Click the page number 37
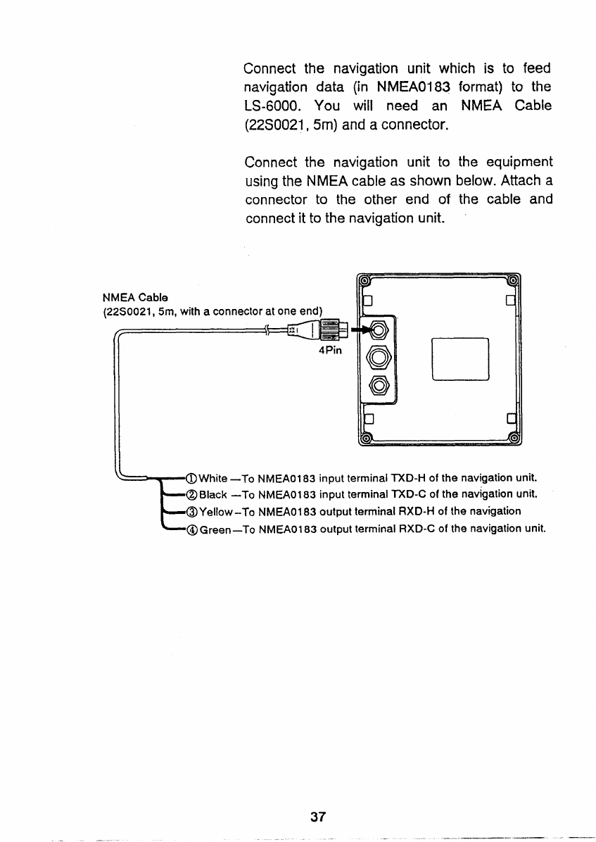[x=318, y=817]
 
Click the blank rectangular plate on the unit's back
[x=460, y=359]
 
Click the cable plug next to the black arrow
[x=330, y=329]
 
